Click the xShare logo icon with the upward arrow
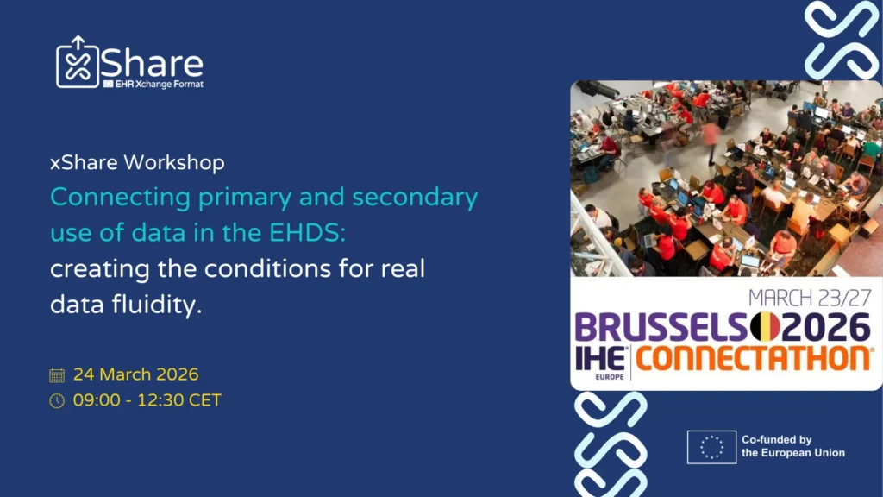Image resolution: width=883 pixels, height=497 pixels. tap(78, 62)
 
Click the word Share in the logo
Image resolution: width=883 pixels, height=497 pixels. tap(152, 64)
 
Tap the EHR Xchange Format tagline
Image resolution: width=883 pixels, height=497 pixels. tap(153, 85)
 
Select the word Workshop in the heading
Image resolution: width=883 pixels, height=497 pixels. tap(174, 163)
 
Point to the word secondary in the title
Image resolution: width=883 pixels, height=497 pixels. tap(415, 198)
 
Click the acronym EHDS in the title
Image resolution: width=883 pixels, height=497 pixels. tap(307, 233)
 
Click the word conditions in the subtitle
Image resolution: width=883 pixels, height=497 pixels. tap(267, 269)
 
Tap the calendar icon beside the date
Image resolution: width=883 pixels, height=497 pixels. tap(57, 375)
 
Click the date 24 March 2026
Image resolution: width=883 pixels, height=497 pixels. tap(135, 374)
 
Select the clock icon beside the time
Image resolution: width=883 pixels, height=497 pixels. tap(57, 400)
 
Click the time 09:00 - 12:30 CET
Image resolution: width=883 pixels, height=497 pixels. tap(147, 400)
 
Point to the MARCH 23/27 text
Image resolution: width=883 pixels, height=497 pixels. tap(810, 298)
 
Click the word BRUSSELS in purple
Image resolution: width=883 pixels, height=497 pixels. tap(661, 327)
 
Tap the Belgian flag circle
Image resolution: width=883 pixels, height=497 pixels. tap(765, 327)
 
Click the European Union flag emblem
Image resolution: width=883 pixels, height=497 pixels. tap(711, 448)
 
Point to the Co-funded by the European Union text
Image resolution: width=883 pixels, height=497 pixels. tap(793, 446)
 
